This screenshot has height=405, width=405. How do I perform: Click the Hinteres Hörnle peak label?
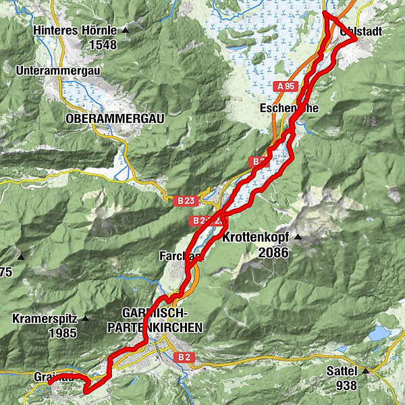pyautogui.click(x=75, y=31)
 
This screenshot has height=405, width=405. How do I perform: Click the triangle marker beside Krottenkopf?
pyautogui.click(x=296, y=238)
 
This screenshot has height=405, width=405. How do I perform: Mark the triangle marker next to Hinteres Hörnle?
pyautogui.click(x=125, y=32)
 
